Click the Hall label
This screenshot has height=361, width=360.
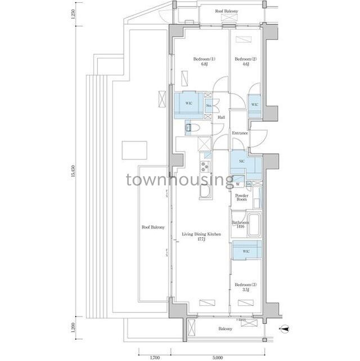pos(221,117)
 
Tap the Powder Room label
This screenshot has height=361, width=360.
pos(242,198)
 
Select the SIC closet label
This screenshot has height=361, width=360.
pos(241,161)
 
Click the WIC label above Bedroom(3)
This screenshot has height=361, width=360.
pos(246,251)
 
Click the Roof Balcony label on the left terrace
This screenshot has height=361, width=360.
pos(153,227)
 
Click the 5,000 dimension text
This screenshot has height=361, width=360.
pos(218,356)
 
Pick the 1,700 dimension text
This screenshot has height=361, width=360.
pos(154,356)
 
